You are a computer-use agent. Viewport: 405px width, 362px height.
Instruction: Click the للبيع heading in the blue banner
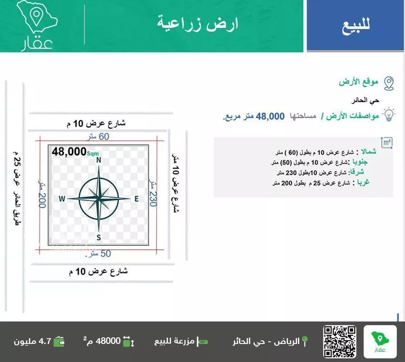pos(356,26)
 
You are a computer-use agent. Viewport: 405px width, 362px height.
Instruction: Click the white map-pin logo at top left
pos(37,19)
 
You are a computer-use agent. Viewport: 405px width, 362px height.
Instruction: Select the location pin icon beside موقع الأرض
pos(388,83)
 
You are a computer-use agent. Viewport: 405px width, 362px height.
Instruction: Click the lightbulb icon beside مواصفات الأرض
pos(388,115)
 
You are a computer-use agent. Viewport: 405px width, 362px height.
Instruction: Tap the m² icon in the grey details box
pos(386,143)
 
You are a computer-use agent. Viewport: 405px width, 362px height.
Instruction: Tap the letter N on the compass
pos(99,160)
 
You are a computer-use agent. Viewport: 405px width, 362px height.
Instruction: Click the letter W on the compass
pos(62,199)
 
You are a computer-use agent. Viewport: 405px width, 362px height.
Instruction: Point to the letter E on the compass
pos(136,199)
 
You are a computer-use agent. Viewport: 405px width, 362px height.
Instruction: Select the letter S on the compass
pos(99,237)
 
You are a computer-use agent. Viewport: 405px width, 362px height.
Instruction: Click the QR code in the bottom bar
pos(339,341)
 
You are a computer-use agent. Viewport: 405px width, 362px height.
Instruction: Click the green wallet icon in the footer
pos(59,342)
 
